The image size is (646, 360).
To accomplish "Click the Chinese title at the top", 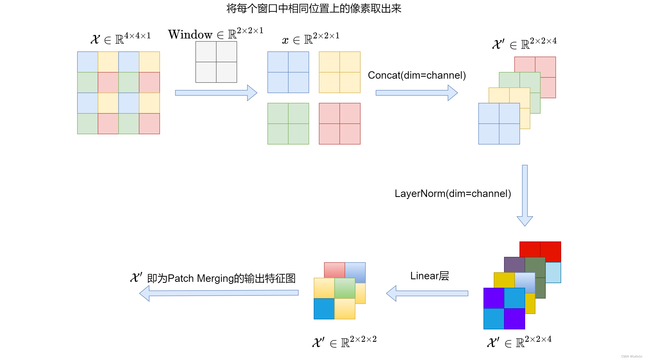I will (314, 9).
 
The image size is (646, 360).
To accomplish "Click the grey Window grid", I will (216, 62).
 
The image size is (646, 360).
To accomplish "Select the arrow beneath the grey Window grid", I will (216, 93).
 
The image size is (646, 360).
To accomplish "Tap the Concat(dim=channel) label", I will (417, 75).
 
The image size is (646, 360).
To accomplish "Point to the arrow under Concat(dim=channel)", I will (417, 93).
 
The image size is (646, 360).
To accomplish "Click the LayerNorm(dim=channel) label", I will (453, 194).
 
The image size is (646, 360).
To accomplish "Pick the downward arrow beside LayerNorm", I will (525, 195).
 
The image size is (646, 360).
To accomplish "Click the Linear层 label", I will (429, 276).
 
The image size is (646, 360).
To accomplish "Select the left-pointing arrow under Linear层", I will (427, 293).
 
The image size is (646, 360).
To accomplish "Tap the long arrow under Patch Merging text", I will (219, 293).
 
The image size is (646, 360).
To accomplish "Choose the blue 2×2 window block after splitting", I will (288, 72).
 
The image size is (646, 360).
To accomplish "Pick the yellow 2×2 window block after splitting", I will (339, 72).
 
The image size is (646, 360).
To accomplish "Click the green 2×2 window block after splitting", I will (288, 124).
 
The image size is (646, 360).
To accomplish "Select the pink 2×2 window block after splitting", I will (339, 124).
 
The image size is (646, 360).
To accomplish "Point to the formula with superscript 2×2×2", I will (345, 342).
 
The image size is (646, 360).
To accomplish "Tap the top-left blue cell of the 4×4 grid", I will (88, 62).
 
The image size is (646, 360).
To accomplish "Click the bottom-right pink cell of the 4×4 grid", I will (149, 124).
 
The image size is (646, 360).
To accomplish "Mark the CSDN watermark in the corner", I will (631, 356).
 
